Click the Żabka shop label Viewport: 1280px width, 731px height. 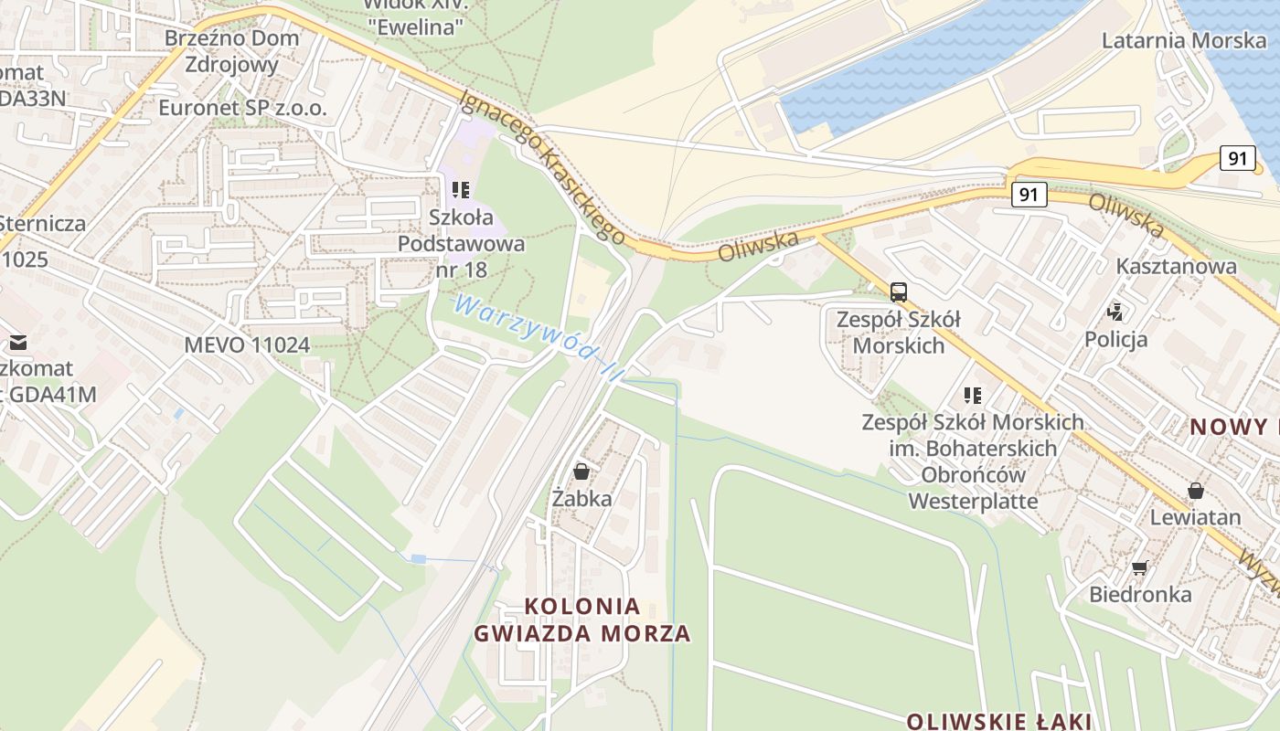pyautogui.click(x=581, y=499)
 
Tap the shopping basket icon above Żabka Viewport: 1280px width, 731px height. pyautogui.click(x=581, y=471)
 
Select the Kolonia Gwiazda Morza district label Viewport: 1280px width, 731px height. pyautogui.click(x=581, y=620)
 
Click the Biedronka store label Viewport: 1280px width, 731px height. pyautogui.click(x=1140, y=595)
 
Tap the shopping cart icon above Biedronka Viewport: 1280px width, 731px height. pyautogui.click(x=1139, y=568)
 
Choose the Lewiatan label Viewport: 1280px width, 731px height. pyautogui.click(x=1195, y=517)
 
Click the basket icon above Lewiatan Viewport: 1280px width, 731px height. pyautogui.click(x=1195, y=491)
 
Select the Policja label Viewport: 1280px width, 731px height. pyautogui.click(x=1115, y=340)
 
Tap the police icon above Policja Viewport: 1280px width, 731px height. pyautogui.click(x=1115, y=313)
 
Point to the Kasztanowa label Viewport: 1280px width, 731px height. pyautogui.click(x=1176, y=267)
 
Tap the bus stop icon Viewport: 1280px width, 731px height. pyautogui.click(x=899, y=292)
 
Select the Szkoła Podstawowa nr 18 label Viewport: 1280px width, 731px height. pyautogui.click(x=462, y=244)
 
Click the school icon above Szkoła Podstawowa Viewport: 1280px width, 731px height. pyautogui.click(x=461, y=190)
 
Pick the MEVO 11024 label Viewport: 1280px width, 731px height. pyautogui.click(x=247, y=345)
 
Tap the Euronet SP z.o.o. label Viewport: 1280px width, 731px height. pyautogui.click(x=242, y=108)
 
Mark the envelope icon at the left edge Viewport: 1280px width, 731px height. pyautogui.click(x=17, y=343)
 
